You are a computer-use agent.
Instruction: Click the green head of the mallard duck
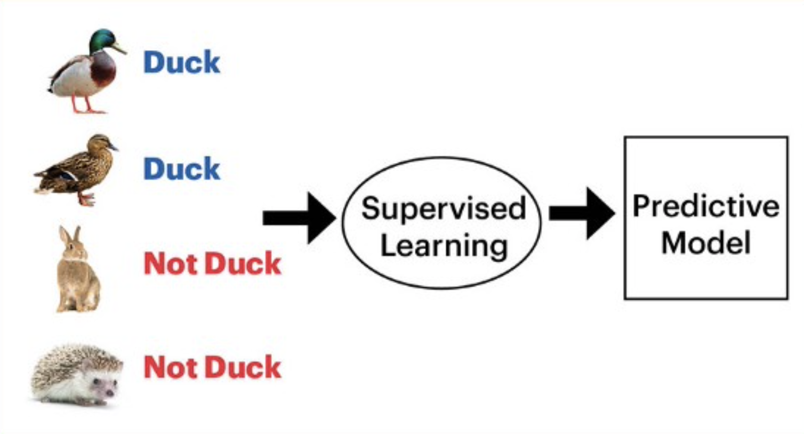click(x=102, y=41)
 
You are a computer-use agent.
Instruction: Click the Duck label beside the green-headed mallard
click(x=182, y=62)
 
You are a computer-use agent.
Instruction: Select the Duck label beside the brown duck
click(x=182, y=168)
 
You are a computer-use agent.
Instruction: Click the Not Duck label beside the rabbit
click(x=212, y=264)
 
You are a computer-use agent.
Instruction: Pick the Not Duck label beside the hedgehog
click(x=212, y=367)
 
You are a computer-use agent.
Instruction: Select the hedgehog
click(x=76, y=375)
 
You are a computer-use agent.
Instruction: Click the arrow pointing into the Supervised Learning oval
click(x=299, y=218)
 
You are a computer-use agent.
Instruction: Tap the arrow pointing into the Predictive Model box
click(x=582, y=213)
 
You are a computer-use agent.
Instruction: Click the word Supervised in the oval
click(x=444, y=208)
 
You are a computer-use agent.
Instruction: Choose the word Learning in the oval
click(x=444, y=246)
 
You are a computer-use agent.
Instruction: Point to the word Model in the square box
click(x=706, y=243)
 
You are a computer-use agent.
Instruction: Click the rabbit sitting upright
click(x=78, y=269)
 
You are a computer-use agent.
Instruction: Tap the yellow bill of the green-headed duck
click(x=119, y=49)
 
